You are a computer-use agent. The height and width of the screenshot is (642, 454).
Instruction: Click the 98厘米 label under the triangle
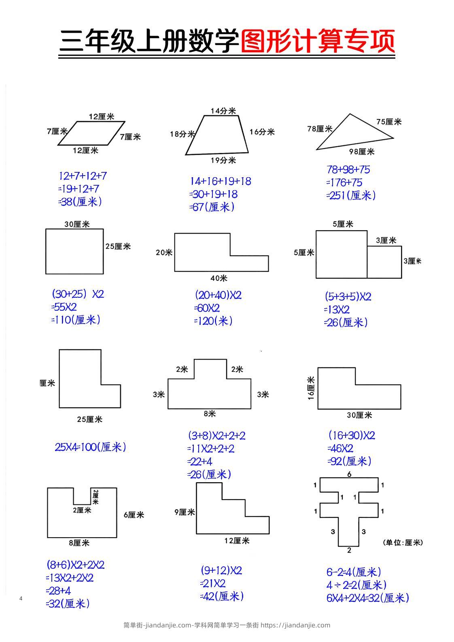point(362,151)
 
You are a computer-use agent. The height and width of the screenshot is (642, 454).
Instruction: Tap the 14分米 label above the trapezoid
point(223,110)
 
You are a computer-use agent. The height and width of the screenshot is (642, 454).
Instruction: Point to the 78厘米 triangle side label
point(320,129)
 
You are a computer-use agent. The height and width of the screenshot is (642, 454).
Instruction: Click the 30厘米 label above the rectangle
point(77,224)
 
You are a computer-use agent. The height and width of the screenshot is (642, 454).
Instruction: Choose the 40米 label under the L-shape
point(219,278)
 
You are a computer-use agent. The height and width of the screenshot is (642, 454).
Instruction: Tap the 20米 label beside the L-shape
point(164,252)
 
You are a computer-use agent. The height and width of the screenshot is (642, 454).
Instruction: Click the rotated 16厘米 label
point(311,388)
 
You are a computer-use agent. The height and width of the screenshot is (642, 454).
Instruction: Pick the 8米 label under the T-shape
point(210,413)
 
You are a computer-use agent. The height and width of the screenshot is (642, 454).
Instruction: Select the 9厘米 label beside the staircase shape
point(185,512)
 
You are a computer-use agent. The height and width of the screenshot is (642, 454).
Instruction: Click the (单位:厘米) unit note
point(403,542)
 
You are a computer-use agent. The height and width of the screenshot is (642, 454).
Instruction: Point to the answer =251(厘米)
point(351,195)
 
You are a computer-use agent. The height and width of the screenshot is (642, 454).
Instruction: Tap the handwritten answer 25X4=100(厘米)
point(90,447)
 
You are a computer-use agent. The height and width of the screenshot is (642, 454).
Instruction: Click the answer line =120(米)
point(213,321)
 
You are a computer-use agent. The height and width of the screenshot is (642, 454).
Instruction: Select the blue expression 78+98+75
point(348,170)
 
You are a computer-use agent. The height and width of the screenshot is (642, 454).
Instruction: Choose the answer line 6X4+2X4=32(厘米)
point(368,598)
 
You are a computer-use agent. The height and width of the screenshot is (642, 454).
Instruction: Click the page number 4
point(21,598)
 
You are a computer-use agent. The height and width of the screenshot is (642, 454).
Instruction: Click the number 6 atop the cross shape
point(349,474)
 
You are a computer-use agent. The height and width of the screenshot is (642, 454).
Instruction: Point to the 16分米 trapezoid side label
point(262,132)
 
